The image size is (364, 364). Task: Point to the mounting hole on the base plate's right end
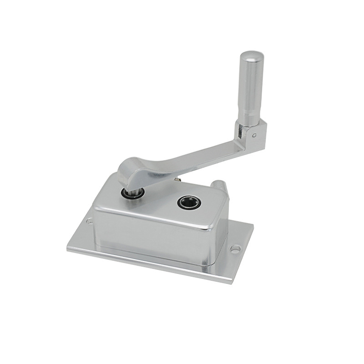point(235,249)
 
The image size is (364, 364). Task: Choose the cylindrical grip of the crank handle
point(251,89)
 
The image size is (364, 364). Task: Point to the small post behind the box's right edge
point(217,185)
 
